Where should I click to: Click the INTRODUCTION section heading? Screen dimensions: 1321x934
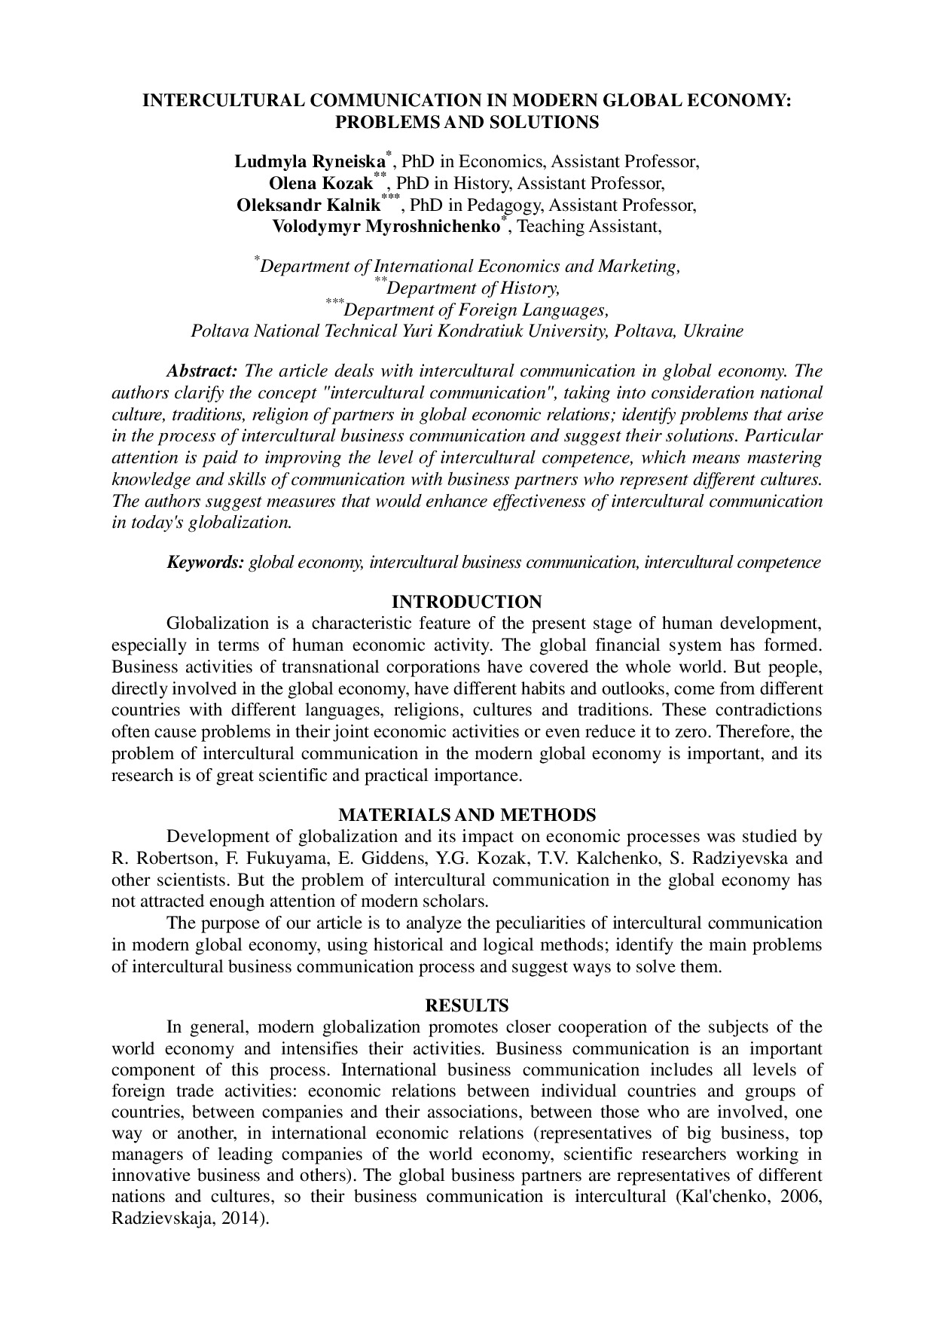pyautogui.click(x=466, y=602)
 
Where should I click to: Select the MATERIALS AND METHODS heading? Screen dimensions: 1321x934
pyautogui.click(x=467, y=815)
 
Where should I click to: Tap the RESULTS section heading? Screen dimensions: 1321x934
pyautogui.click(x=467, y=1005)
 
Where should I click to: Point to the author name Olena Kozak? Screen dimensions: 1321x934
pyautogui.click(x=321, y=184)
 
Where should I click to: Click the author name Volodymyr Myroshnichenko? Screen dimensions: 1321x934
pyautogui.click(x=386, y=227)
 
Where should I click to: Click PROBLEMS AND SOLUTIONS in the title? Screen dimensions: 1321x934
pyautogui.click(x=467, y=122)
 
